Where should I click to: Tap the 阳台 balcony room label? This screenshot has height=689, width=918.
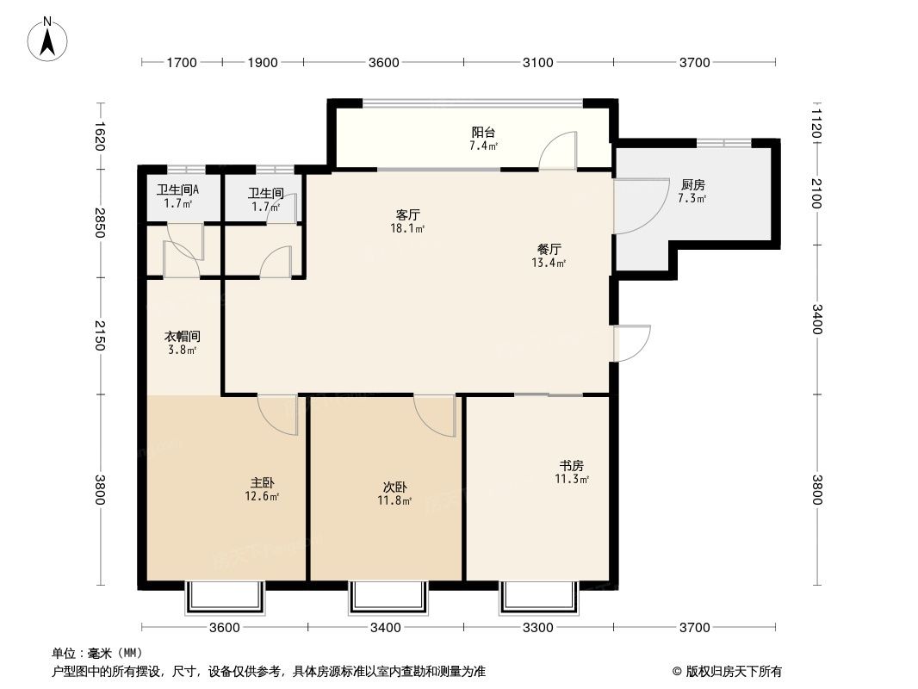483,133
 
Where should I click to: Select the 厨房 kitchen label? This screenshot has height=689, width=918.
692,184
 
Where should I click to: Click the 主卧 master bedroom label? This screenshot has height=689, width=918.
263,483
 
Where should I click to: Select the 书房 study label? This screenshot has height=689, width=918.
572,466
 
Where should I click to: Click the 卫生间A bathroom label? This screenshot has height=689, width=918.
178,190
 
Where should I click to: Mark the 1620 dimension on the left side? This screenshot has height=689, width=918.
100,135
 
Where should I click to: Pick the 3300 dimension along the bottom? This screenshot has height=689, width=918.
538,627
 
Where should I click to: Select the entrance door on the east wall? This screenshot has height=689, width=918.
631,343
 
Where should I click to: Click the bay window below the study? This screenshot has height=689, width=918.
538,596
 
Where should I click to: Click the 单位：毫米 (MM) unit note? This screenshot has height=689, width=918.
96,653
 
